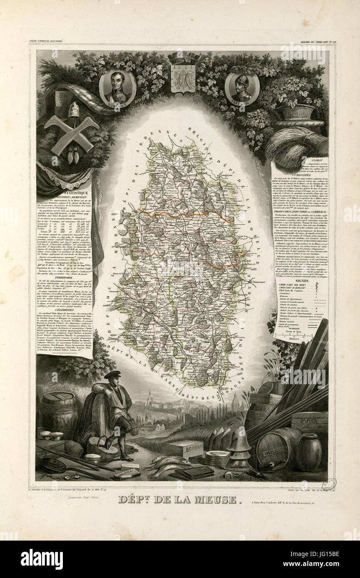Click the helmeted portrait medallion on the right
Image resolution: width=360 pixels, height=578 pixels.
tap(242, 88)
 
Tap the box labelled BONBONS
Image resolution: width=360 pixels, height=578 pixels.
tap(181, 449)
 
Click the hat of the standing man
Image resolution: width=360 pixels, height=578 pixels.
tap(112, 374)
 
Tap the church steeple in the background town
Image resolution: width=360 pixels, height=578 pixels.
tap(149, 397)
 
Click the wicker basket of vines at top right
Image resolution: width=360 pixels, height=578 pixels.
tap(297, 111)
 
